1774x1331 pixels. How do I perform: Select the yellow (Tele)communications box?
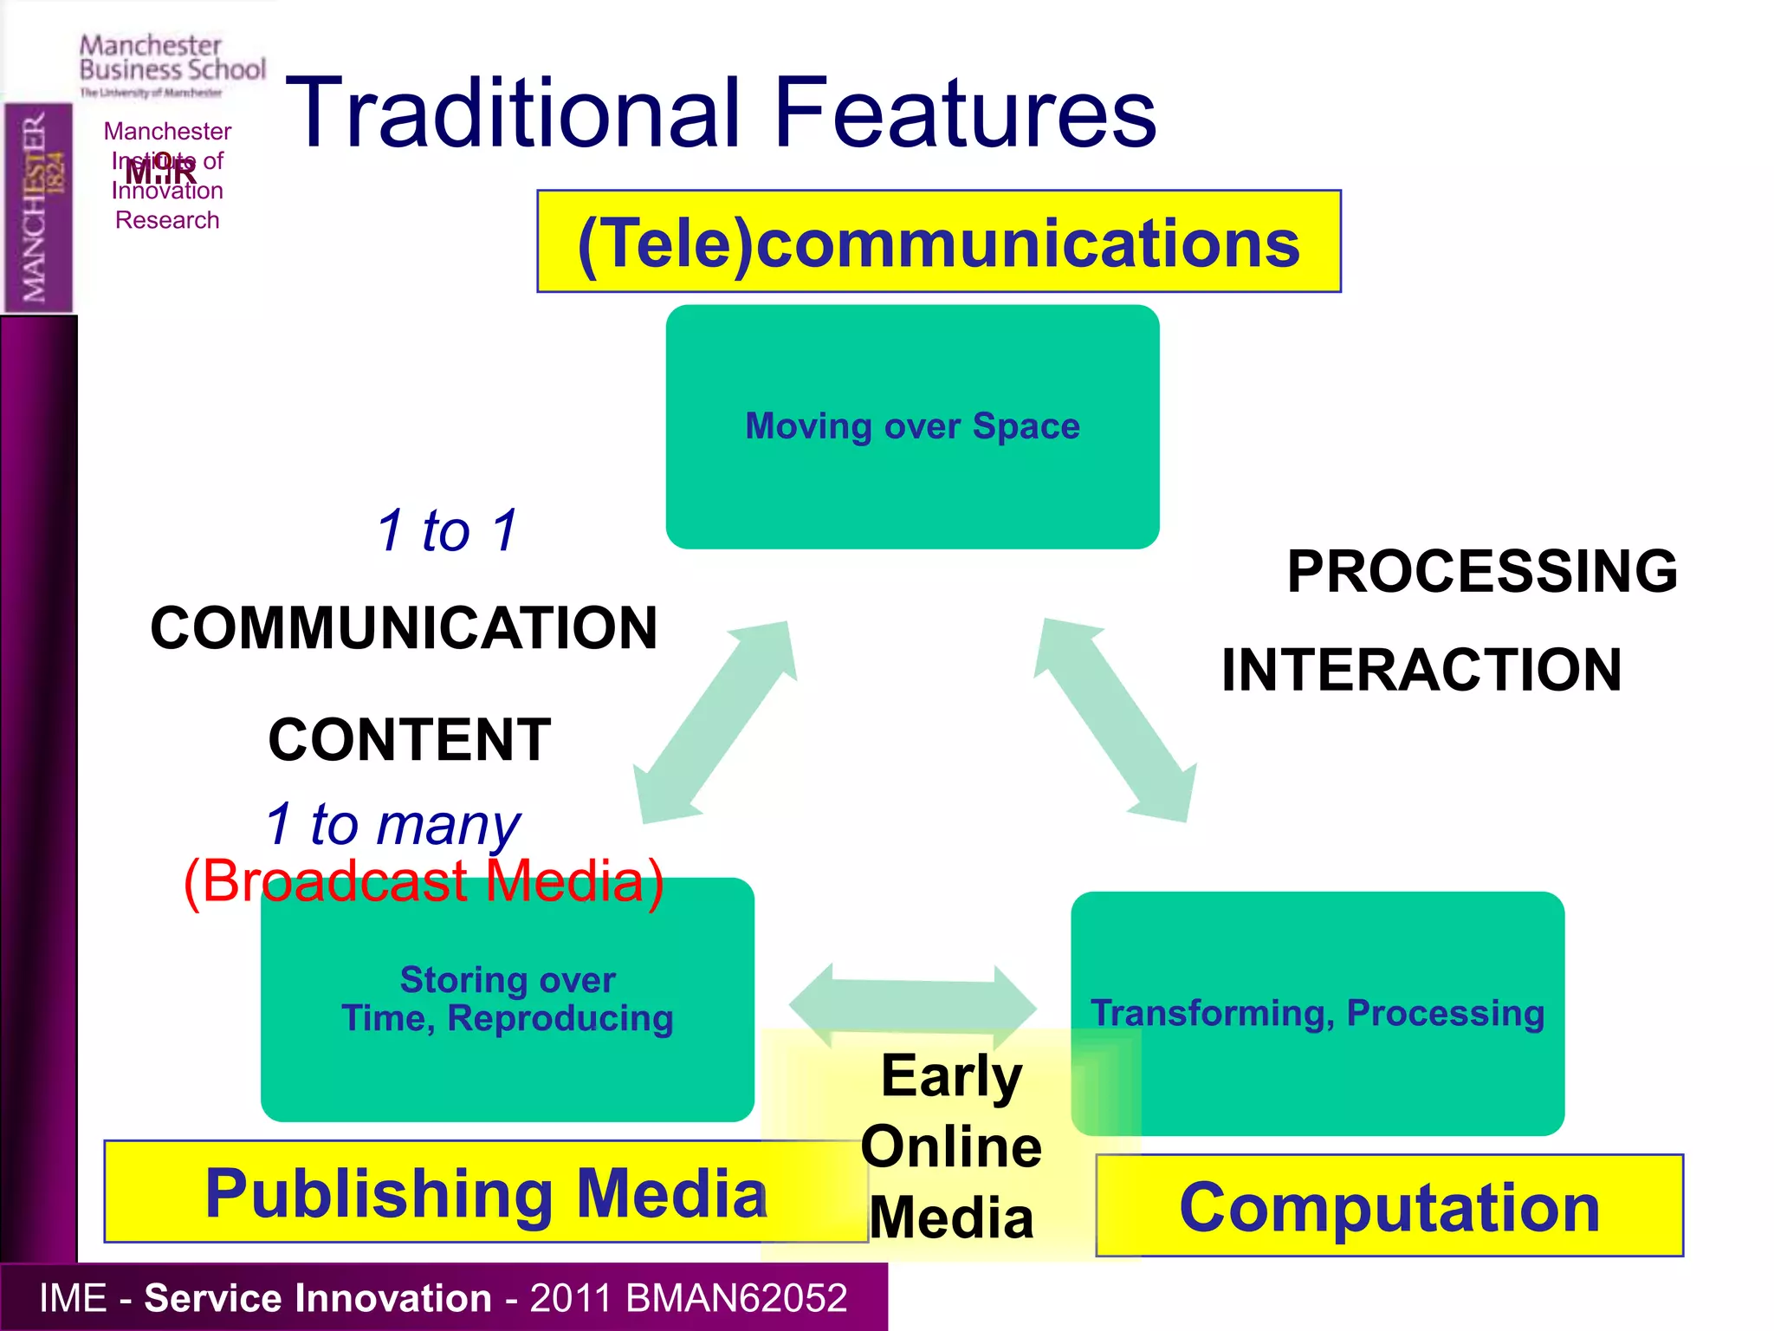pyautogui.click(x=938, y=242)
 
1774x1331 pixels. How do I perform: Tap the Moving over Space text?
pyautogui.click(x=912, y=426)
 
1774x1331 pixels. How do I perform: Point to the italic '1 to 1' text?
pyautogui.click(x=447, y=530)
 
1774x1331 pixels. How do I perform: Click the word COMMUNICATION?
pyautogui.click(x=404, y=628)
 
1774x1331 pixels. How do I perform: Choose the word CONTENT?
pyautogui.click(x=409, y=740)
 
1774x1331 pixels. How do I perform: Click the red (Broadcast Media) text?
pyautogui.click(x=424, y=881)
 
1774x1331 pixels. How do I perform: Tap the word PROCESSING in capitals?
pyautogui.click(x=1482, y=572)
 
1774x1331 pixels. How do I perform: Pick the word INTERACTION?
pyautogui.click(x=1421, y=670)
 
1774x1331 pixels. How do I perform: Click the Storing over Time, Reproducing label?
pyautogui.click(x=508, y=999)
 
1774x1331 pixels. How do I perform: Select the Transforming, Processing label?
pyautogui.click(x=1317, y=1013)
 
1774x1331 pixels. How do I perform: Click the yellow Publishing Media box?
pyautogui.click(x=485, y=1193)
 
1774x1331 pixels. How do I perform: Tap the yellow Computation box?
pyautogui.click(x=1389, y=1207)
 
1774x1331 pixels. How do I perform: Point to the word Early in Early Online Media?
pyautogui.click(x=951, y=1076)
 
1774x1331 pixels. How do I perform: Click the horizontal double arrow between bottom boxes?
pyautogui.click(x=912, y=1006)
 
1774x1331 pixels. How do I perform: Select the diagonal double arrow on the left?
pyautogui.click(x=715, y=721)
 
